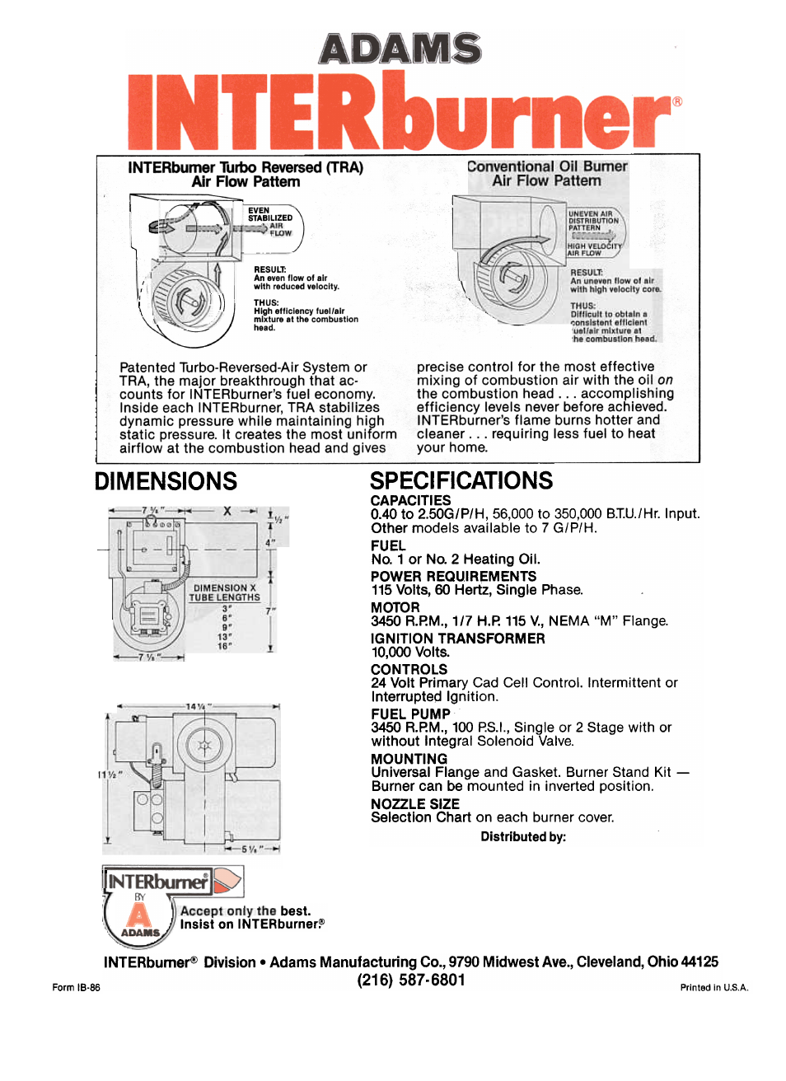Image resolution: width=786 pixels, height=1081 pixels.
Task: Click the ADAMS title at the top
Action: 400,49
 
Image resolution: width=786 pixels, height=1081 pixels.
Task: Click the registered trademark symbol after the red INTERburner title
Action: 677,102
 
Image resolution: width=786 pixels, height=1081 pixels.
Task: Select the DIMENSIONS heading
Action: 166,481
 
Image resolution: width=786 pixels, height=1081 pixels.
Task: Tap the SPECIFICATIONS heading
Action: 461,481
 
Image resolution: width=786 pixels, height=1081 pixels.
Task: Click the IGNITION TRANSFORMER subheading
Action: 457,639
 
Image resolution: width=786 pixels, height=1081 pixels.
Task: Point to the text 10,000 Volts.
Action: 410,653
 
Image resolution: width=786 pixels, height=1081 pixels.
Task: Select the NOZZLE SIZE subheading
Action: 414,804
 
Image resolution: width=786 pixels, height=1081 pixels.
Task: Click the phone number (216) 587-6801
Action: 411,980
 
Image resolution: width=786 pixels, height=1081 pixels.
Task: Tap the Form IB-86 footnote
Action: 76,988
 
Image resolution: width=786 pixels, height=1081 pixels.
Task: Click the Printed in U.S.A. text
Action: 713,988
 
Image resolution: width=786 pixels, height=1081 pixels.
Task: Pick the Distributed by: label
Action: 523,837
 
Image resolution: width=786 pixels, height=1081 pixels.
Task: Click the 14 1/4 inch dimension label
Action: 198,707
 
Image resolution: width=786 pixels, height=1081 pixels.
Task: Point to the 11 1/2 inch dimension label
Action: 110,775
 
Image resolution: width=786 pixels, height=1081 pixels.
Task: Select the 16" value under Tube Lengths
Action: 225,647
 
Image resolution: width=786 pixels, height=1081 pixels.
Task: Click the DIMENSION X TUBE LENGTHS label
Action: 224,592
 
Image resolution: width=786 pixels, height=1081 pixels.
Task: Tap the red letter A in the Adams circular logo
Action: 140,915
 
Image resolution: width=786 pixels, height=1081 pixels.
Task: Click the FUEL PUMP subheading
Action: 410,714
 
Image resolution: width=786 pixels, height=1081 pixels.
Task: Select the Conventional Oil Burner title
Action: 547,166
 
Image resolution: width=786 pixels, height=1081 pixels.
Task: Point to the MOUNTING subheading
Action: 409,759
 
